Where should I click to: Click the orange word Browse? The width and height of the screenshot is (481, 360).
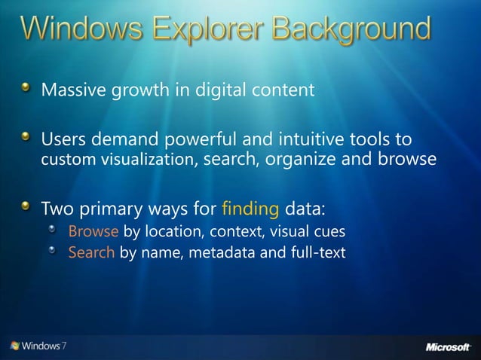coord(93,230)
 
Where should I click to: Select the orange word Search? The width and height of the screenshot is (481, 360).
coord(91,252)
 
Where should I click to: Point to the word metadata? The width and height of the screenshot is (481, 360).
coord(224,252)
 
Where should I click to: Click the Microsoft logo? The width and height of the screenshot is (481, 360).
coord(448,346)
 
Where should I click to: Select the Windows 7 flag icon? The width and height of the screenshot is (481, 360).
coord(15,346)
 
